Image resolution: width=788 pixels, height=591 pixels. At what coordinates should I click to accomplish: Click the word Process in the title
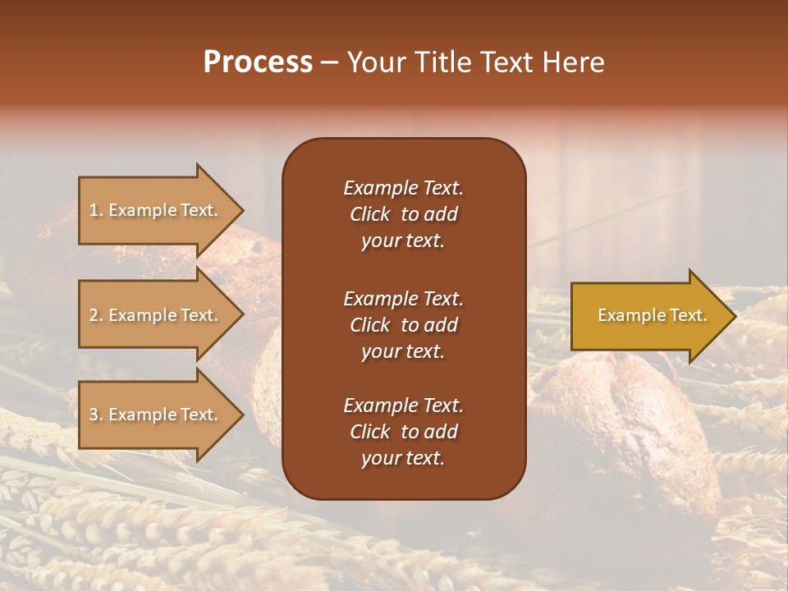click(x=258, y=62)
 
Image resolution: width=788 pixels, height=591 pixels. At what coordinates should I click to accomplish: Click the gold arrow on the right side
click(x=648, y=315)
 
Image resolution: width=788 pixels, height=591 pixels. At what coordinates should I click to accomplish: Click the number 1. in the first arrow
click(x=95, y=210)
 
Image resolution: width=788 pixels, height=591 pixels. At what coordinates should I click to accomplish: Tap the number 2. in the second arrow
click(x=95, y=315)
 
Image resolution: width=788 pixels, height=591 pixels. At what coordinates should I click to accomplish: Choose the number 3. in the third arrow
click(x=95, y=415)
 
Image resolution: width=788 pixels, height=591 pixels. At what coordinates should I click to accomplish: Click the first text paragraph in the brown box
click(x=403, y=214)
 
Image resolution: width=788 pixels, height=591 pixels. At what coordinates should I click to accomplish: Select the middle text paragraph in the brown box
click(x=403, y=325)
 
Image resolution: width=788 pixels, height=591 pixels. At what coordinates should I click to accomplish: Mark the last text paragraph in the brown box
click(x=403, y=432)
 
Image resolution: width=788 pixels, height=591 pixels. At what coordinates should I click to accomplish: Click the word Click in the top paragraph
click(x=369, y=214)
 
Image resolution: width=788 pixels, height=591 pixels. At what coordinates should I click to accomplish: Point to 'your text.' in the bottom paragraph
click(x=403, y=459)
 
